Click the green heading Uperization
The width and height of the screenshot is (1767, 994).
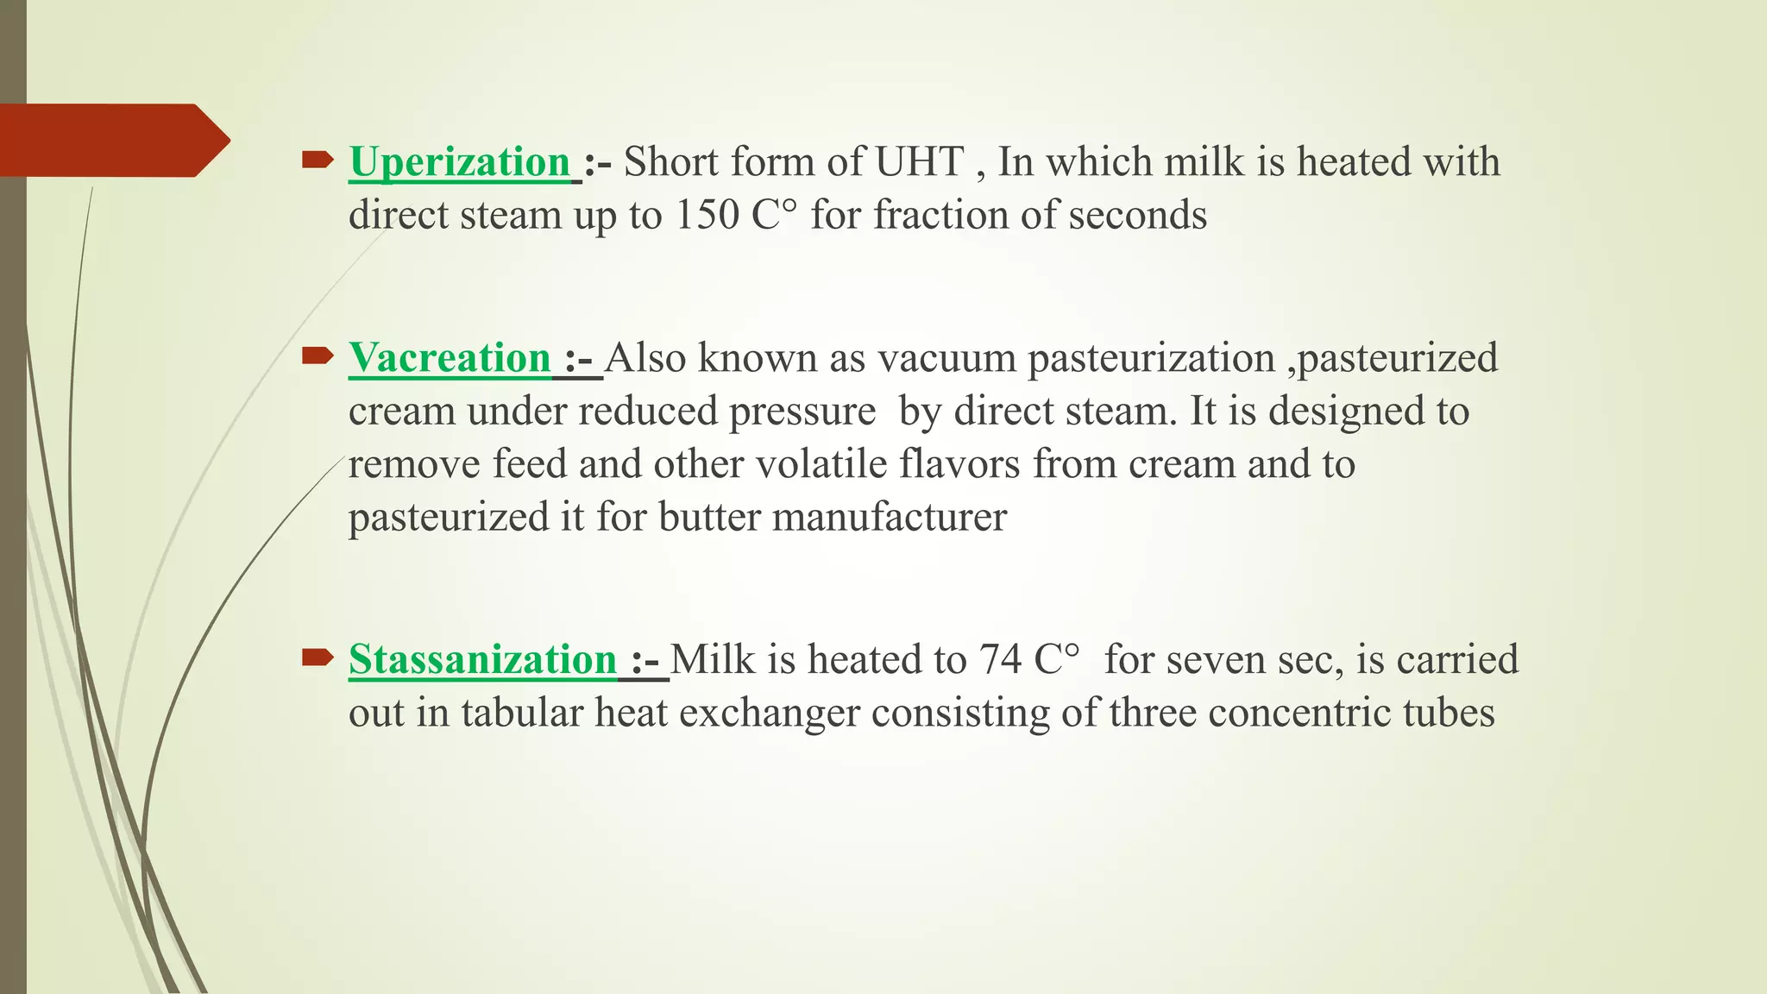pos(459,162)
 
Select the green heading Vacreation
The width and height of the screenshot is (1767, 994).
pos(450,358)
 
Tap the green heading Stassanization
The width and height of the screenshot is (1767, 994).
pos(482,660)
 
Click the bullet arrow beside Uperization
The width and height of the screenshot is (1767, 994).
pos(318,159)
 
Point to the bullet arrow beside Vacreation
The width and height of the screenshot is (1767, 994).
pos(318,355)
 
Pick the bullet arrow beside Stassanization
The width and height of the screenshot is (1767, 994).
pos(318,657)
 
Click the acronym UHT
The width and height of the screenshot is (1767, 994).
pos(920,162)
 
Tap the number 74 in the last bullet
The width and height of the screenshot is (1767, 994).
pos(1000,660)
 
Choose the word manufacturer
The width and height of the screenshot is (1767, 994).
pos(890,518)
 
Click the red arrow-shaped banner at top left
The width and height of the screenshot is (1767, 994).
pos(112,140)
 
